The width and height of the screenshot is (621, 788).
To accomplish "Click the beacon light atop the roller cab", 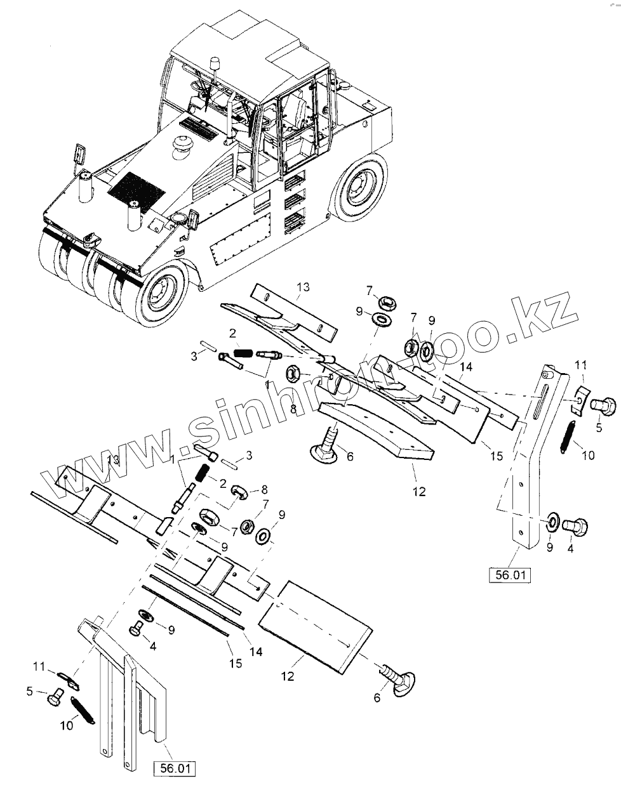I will point(216,64).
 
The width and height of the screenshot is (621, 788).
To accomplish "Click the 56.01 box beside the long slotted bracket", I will point(509,576).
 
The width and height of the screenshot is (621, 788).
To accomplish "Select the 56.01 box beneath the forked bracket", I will point(174,769).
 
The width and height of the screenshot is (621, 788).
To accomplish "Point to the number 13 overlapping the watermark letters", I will point(112,458).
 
